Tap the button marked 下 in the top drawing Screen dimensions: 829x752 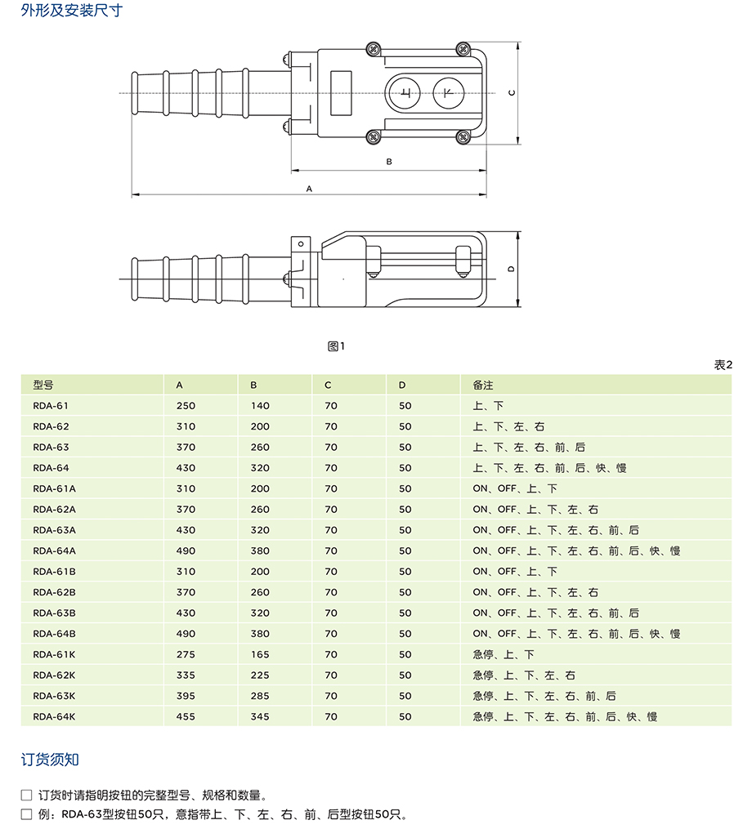[447, 94]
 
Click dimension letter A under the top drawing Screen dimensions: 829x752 [309, 188]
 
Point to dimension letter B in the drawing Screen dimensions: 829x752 [389, 162]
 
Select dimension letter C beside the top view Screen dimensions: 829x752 [511, 92]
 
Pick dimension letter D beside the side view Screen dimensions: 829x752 [510, 269]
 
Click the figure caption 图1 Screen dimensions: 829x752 [336, 346]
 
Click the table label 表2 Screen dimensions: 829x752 [723, 364]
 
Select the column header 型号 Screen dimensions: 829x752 [43, 385]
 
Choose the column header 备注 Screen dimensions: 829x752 [483, 385]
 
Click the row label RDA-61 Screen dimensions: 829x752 [51, 406]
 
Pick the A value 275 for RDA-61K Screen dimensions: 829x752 [186, 654]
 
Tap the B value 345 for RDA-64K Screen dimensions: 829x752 [259, 716]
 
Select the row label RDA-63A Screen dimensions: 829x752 [54, 530]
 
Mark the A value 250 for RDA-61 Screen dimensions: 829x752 [186, 406]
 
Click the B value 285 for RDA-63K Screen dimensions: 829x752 [259, 696]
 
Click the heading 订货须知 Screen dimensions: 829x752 [50, 760]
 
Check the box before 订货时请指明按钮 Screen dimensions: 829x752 [27, 795]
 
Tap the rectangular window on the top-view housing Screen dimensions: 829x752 [341, 83]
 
